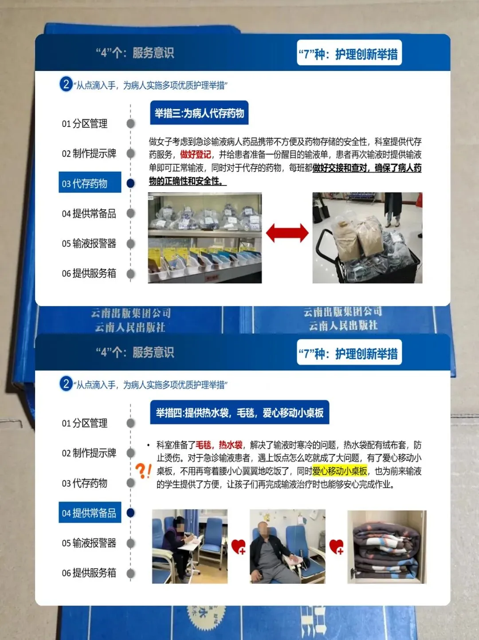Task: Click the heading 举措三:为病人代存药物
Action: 199,113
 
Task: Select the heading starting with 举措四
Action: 239,412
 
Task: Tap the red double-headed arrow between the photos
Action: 287,233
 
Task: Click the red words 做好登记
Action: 195,154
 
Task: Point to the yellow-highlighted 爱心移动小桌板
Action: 340,471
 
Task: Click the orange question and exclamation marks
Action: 143,471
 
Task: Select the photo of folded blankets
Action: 387,547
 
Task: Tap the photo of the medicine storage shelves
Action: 204,238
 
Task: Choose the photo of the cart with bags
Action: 367,238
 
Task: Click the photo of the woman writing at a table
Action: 190,546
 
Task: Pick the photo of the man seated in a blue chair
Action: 287,546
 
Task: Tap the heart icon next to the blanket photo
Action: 337,547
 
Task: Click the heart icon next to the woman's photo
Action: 239,547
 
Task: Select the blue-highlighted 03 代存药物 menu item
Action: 90,182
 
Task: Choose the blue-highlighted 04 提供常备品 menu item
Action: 90,512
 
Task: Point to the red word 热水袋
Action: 231,445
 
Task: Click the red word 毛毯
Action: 203,445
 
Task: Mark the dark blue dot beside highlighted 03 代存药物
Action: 130,183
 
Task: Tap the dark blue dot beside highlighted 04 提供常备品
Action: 130,513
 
